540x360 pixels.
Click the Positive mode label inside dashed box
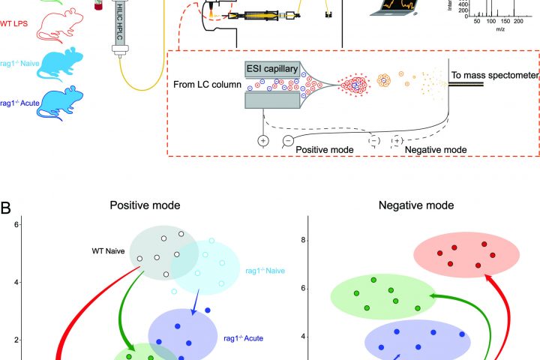[325, 150]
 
